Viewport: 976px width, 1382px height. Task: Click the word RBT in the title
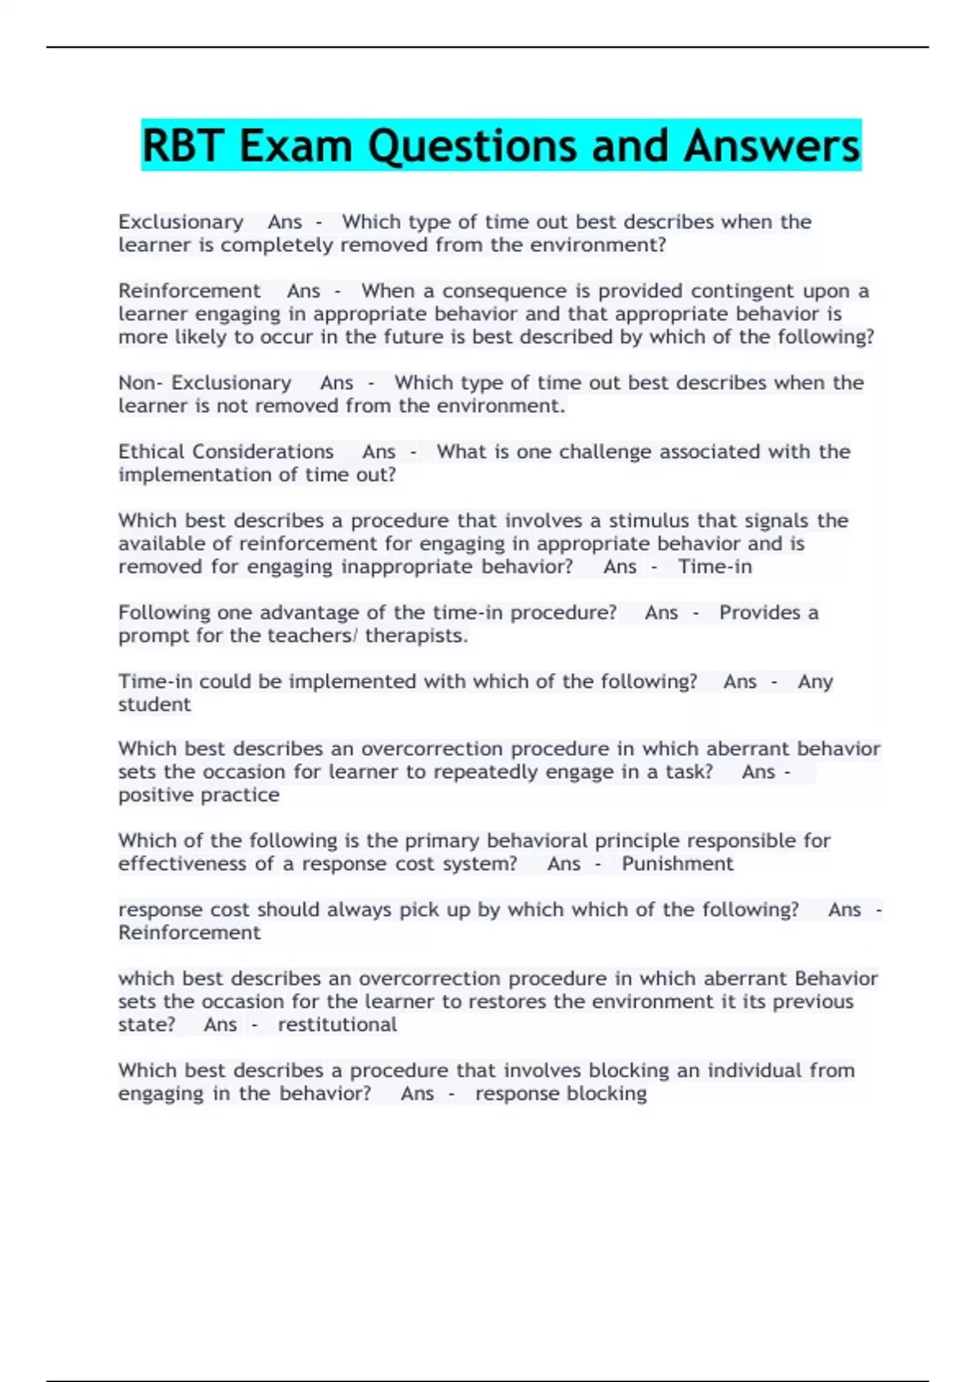(x=183, y=146)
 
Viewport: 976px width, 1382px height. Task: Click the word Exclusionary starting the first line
(x=181, y=222)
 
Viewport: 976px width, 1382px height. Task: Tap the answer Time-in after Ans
(x=715, y=567)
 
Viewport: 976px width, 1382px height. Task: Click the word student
(x=155, y=705)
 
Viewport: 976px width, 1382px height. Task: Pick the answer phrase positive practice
(x=198, y=795)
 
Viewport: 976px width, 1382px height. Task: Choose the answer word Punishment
(x=677, y=864)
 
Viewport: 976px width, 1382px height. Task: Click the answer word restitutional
(x=338, y=1025)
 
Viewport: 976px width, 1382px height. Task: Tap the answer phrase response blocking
(x=561, y=1094)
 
